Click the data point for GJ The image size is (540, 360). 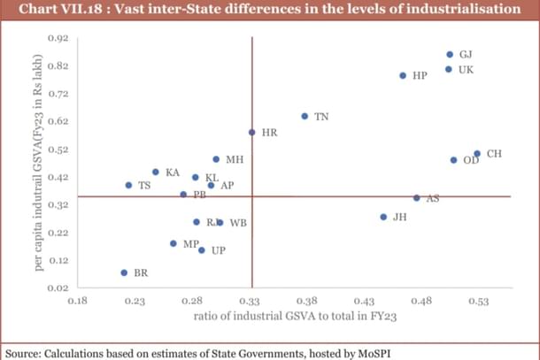point(450,55)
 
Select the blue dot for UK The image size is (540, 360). point(449,69)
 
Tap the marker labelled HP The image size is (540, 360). point(403,76)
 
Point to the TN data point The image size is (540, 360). point(305,116)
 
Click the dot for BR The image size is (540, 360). point(124,273)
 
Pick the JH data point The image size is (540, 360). point(383,217)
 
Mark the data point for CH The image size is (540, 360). point(477,154)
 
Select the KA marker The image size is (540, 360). point(156,172)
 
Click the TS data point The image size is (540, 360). point(128,186)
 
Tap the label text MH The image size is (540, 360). point(235,160)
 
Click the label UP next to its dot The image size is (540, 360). point(218,251)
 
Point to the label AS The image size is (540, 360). point(433,198)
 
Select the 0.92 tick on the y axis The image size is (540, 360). point(57,38)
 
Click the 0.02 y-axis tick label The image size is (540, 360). point(57,287)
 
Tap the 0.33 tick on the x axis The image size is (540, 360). point(251,302)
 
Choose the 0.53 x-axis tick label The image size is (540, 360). point(478,302)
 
